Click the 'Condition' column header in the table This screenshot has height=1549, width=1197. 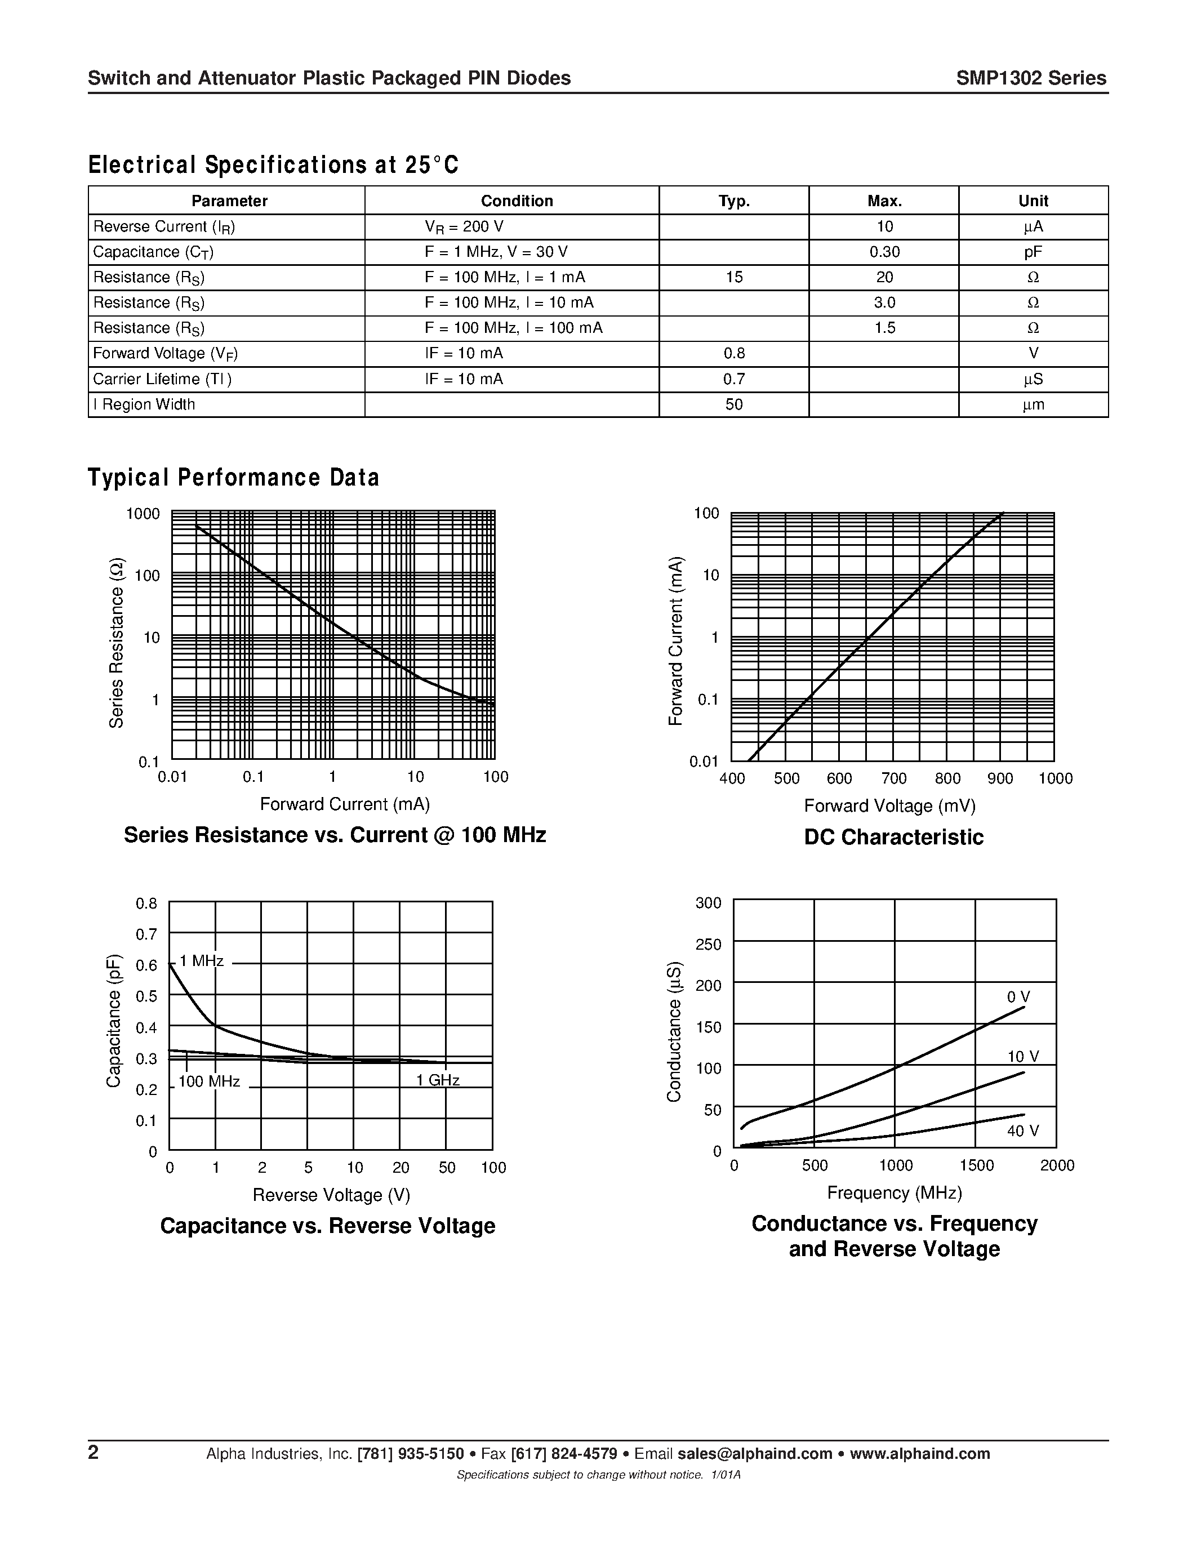(x=516, y=201)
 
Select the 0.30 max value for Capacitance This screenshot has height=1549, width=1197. (x=884, y=252)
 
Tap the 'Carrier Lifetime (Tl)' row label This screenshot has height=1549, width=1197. (x=162, y=379)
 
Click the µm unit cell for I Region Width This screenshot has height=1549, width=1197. (x=1033, y=404)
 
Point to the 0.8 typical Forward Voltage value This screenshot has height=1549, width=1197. (x=734, y=353)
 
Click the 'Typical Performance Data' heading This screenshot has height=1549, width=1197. (x=233, y=477)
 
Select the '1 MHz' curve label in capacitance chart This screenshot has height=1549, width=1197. (x=202, y=961)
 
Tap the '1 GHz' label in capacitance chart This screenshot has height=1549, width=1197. (x=438, y=1080)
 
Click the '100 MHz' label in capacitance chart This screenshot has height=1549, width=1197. (x=208, y=1081)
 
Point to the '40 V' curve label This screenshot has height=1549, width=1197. (x=1022, y=1131)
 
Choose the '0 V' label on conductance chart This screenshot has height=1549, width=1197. (x=1018, y=997)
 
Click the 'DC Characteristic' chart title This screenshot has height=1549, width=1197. (x=893, y=837)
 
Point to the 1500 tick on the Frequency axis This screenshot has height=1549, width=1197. (x=976, y=1165)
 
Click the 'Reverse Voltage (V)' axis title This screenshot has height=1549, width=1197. (x=331, y=1195)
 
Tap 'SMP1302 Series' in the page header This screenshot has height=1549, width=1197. (x=1030, y=78)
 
